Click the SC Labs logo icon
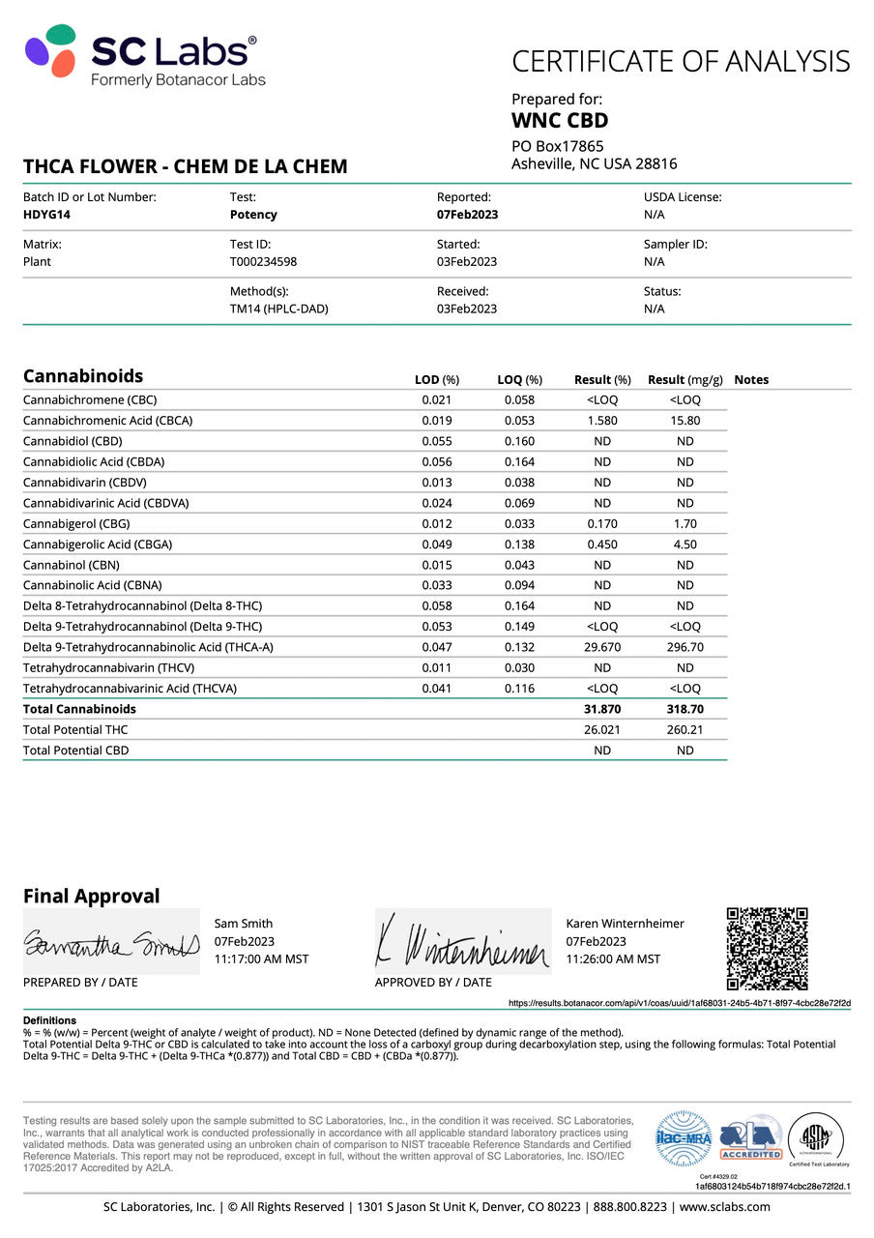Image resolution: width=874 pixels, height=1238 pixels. tap(50, 51)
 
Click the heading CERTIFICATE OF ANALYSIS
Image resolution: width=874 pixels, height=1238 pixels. tap(681, 62)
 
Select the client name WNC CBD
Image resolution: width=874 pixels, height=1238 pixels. tap(560, 121)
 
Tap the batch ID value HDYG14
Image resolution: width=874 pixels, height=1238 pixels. tap(46, 215)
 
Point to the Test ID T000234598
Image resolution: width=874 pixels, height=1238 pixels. tap(263, 261)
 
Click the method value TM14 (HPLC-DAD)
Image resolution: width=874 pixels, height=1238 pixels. tap(278, 309)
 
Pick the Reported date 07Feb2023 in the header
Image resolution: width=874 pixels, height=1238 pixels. tap(467, 215)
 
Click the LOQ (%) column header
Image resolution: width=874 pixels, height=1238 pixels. tap(519, 380)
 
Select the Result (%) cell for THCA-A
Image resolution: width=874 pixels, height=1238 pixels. tap(602, 647)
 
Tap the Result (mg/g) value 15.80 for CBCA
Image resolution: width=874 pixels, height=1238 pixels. tap(685, 421)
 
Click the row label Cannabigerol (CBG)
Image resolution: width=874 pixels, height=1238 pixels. tap(76, 523)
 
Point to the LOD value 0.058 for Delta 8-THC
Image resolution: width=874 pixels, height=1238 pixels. tap(436, 605)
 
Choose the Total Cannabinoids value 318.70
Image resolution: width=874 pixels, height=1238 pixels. tap(685, 709)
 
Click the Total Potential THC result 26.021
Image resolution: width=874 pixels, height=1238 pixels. tap(602, 729)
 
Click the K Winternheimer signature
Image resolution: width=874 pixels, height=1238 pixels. tap(462, 941)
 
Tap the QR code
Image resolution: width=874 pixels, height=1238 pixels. tap(767, 948)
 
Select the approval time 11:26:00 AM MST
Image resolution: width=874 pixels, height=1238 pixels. tap(613, 958)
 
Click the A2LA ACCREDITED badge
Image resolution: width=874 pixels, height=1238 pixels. tap(751, 1138)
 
